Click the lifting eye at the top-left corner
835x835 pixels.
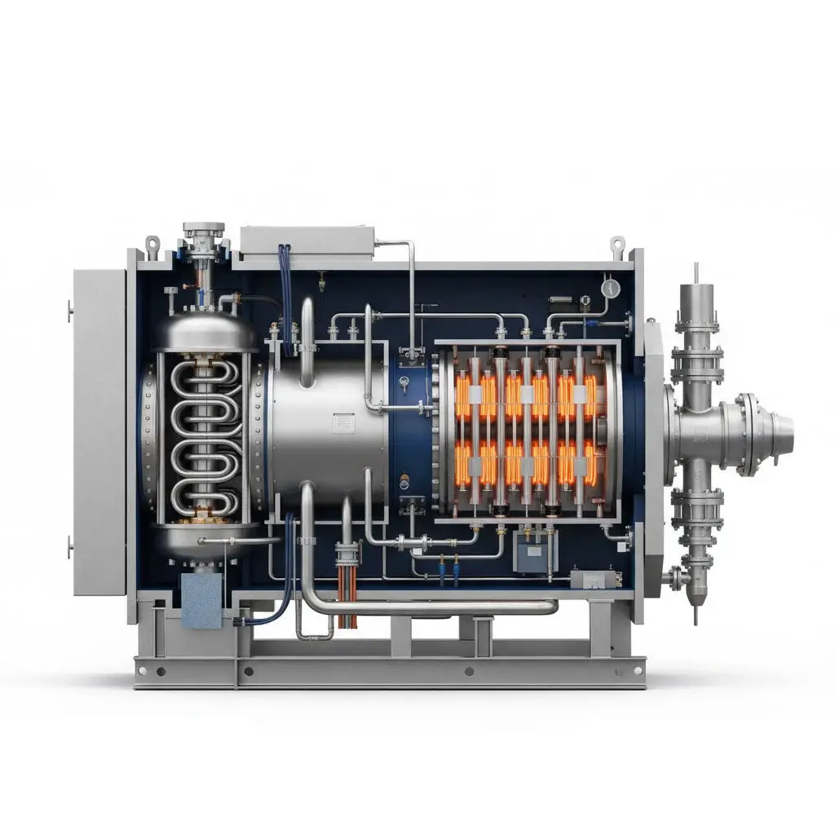152,243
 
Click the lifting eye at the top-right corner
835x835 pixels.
617,243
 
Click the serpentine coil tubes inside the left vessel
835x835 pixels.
205,437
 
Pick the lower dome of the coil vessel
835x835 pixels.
205,538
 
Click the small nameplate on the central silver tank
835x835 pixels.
343,423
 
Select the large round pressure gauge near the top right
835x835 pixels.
609,287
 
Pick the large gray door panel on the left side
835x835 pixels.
99,431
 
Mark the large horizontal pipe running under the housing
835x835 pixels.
432,607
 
